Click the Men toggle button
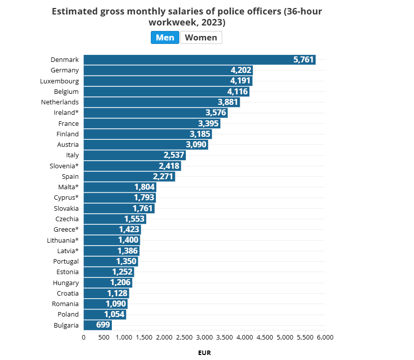pyautogui.click(x=165, y=37)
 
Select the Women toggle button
pyautogui.click(x=201, y=37)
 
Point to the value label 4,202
pyautogui.click(x=241, y=70)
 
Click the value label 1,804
pyautogui.click(x=144, y=187)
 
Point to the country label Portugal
pyautogui.click(x=66, y=261)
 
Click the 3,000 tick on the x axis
pyautogui.click(x=204, y=338)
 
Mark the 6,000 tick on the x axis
pyautogui.click(x=325, y=338)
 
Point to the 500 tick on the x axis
pyautogui.click(x=103, y=338)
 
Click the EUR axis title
pyautogui.click(x=204, y=353)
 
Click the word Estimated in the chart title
pyautogui.click(x=74, y=11)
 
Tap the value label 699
pyautogui.click(x=103, y=325)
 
